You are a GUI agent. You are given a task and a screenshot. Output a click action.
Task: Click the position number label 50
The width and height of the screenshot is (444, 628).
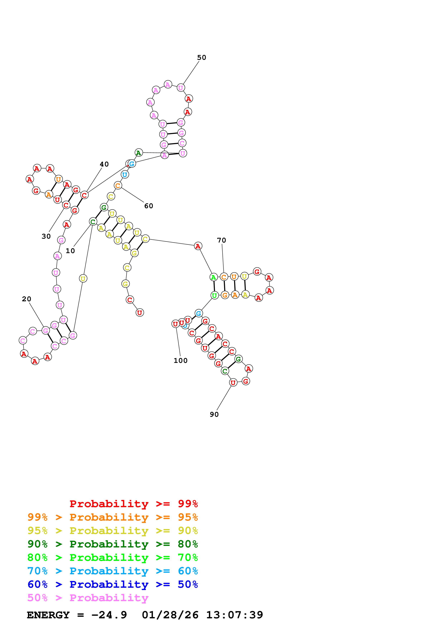coord(202,57)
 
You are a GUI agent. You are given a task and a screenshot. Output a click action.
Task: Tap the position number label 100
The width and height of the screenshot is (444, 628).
coord(181,361)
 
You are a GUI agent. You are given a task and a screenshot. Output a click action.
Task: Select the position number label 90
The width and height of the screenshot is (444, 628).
coord(214,414)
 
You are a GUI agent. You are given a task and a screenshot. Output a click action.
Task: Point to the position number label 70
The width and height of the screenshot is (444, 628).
coord(221,240)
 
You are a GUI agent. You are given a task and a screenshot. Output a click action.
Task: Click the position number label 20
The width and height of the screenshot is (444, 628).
coord(27,299)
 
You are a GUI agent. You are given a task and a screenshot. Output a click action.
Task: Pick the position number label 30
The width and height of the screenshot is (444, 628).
coord(46,236)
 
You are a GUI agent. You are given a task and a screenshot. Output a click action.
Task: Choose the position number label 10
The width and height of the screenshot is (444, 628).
coord(70,251)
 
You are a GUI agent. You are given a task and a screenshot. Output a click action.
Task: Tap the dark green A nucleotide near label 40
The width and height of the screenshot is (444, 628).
coord(139,153)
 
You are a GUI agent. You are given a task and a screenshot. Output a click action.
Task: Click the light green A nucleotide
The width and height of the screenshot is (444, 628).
coord(213,277)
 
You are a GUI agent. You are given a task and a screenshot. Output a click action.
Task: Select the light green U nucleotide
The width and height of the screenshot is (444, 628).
coord(214,295)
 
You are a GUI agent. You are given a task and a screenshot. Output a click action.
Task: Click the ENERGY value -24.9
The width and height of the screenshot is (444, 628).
coord(109,615)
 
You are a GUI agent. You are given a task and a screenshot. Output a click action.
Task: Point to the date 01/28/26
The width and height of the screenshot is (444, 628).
coord(170,615)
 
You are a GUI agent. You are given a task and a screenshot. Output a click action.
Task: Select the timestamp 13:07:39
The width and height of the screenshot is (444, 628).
coord(234,615)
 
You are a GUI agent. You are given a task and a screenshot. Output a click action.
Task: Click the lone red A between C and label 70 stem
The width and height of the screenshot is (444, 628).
coord(198,246)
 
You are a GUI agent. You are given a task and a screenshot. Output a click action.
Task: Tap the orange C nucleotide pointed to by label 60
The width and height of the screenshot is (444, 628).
coord(118,185)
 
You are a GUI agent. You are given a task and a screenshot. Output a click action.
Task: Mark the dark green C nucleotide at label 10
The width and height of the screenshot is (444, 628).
coord(93,222)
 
